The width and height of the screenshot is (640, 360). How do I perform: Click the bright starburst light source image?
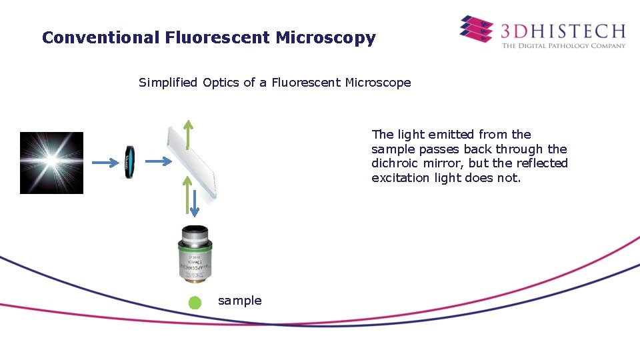(51, 163)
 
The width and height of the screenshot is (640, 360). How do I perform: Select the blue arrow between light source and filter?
(103, 161)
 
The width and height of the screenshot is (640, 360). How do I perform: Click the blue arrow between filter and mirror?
(158, 161)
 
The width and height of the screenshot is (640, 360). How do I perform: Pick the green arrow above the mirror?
(189, 134)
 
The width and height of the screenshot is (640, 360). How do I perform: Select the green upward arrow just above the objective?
(185, 193)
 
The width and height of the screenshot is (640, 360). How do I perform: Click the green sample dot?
(195, 303)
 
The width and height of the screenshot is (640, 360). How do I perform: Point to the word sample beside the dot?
(240, 301)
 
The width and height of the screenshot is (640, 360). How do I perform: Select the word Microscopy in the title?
(326, 38)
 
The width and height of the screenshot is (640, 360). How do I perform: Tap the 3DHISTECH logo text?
(563, 31)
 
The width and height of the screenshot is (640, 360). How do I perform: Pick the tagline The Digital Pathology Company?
(563, 46)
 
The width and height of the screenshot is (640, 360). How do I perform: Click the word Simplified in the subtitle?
(168, 83)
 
